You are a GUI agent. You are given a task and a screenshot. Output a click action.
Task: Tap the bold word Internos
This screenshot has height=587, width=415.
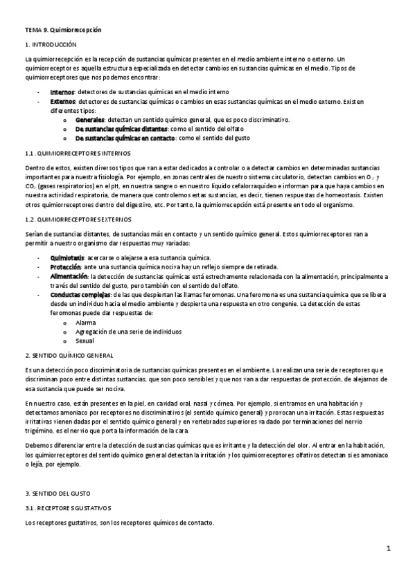click(x=63, y=92)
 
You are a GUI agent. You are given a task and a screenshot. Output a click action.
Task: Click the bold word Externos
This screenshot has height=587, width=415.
click(x=64, y=101)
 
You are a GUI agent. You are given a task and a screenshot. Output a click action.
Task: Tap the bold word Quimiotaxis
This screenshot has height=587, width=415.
click(x=67, y=258)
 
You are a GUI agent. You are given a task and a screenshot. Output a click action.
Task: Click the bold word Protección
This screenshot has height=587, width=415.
click(x=67, y=267)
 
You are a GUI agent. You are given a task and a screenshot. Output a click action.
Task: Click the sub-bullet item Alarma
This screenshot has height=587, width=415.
click(x=86, y=323)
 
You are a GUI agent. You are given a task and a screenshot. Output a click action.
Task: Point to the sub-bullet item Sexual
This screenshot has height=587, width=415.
click(x=85, y=341)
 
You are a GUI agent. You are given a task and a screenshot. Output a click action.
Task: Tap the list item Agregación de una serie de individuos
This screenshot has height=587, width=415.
click(x=122, y=332)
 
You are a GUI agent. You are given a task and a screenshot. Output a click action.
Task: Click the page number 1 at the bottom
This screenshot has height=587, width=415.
click(x=389, y=549)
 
